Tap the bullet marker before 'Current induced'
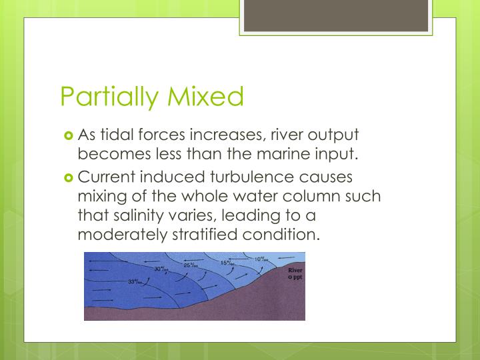point(69,178)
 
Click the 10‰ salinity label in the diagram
point(262,259)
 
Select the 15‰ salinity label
point(228,263)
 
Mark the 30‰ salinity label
point(161,269)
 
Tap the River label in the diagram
point(294,270)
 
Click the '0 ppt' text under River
point(294,277)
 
